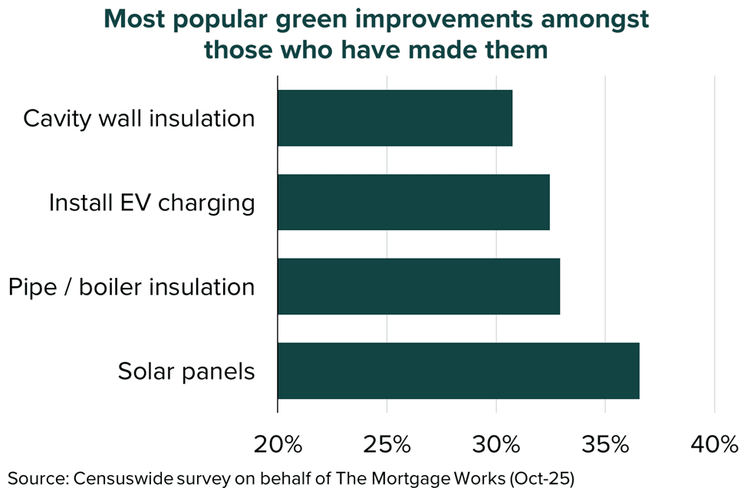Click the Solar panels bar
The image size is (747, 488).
(x=458, y=371)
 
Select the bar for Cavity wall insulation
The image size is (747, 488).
(x=394, y=118)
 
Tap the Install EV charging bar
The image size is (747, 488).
(x=413, y=203)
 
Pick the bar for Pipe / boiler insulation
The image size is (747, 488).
(x=418, y=287)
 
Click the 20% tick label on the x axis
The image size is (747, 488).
(x=278, y=444)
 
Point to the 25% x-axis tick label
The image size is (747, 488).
(x=387, y=444)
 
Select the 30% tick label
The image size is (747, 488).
(x=496, y=444)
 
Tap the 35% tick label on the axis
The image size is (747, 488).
(x=605, y=444)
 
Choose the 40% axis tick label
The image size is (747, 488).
(x=715, y=444)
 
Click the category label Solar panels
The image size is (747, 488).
(x=186, y=372)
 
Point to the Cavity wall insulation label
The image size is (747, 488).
(x=139, y=119)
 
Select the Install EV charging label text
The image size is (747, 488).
(x=151, y=203)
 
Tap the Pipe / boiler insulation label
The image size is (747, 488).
(x=131, y=288)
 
